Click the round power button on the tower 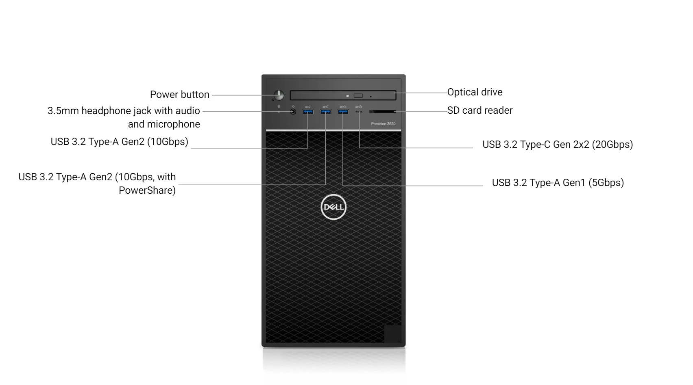[279, 95]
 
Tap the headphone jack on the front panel [293, 111]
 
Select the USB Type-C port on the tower [359, 111]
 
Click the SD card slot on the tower [382, 111]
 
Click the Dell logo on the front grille [333, 207]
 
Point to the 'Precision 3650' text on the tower [383, 124]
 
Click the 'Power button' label [180, 95]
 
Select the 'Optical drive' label [475, 92]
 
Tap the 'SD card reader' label [480, 110]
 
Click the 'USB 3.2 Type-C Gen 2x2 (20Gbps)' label [558, 145]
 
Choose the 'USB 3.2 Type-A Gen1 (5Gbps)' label [558, 183]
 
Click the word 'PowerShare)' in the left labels [147, 190]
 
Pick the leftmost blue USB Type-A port [308, 112]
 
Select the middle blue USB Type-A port [325, 112]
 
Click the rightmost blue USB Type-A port [343, 112]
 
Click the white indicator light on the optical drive [348, 96]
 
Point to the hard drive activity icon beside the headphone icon [279, 107]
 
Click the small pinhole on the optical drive [370, 97]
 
